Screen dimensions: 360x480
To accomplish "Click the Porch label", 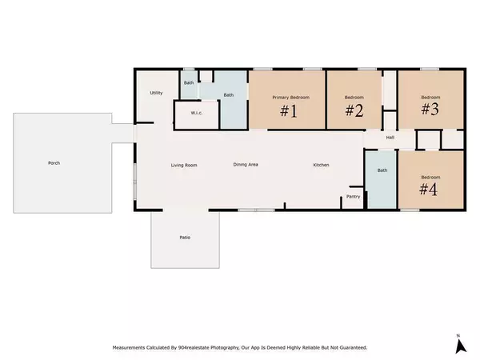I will pos(54,163).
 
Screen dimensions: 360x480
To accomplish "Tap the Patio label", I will pos(184,238).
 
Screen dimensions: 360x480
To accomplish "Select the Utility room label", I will pos(157,93).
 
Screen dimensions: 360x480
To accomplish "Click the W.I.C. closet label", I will pos(196,113).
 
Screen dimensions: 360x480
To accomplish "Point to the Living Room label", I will pos(184,165).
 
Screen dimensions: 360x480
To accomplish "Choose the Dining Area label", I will pos(245,165).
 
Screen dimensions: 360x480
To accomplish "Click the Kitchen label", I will pos(321,165).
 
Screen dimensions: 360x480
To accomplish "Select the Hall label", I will pos(390,137).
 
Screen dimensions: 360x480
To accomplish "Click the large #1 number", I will pos(289,111).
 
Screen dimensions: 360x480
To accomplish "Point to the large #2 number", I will pos(354,111).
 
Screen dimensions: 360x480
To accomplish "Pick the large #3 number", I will pos(430,110).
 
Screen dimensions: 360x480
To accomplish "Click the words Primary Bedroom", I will pos(290,97).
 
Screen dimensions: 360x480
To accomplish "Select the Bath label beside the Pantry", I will pos(382,170).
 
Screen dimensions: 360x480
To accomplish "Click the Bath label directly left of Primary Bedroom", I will pos(229,95).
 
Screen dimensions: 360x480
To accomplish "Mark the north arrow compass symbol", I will pos(460,345).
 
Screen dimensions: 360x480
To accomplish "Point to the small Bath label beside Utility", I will pos(189,82).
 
